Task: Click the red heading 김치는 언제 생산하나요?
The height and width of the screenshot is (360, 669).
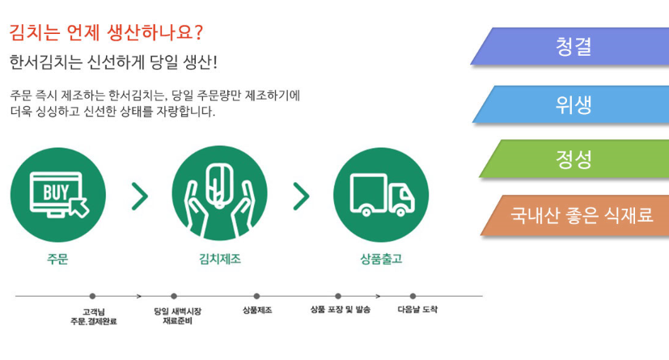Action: (106, 33)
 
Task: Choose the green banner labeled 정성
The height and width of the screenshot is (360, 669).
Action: (574, 159)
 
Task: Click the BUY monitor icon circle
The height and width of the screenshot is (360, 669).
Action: (58, 195)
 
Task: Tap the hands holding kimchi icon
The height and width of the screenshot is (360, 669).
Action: (220, 193)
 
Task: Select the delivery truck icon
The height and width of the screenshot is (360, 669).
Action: (381, 195)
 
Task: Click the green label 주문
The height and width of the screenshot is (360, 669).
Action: (57, 259)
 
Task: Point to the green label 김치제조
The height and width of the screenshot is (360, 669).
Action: (220, 259)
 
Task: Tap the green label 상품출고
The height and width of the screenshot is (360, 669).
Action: (381, 259)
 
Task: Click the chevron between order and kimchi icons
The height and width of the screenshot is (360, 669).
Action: (139, 197)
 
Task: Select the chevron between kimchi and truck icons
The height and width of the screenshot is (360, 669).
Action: (301, 197)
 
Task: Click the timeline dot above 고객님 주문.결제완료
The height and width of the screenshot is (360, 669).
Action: (92, 296)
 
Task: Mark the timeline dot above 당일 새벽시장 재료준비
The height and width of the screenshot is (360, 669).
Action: (174, 296)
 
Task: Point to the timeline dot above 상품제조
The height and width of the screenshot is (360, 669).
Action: (256, 296)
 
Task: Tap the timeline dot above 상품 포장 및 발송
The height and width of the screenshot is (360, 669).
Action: (338, 296)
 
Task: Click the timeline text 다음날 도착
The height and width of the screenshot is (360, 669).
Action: (417, 310)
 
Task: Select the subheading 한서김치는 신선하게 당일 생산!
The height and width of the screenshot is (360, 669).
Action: (113, 62)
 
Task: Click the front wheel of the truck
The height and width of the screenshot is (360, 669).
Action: (400, 210)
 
